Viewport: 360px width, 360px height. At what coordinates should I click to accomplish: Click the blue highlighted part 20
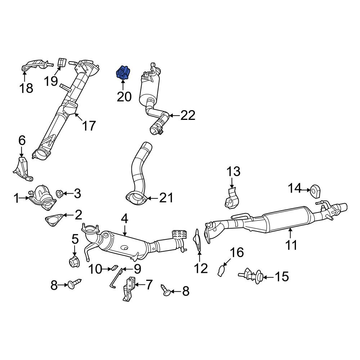tap(123, 72)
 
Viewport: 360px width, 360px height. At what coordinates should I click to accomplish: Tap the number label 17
tap(89, 126)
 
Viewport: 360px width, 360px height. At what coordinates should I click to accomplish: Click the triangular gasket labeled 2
tap(54, 219)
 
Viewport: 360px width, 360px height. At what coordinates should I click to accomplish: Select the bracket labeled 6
tap(22, 168)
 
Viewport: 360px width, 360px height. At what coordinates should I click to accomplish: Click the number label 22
tap(188, 115)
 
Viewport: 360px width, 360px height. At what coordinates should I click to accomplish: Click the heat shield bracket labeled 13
tap(230, 199)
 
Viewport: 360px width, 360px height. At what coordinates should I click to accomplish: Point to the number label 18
tap(26, 87)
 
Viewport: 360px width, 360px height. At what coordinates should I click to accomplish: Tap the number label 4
tap(124, 218)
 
